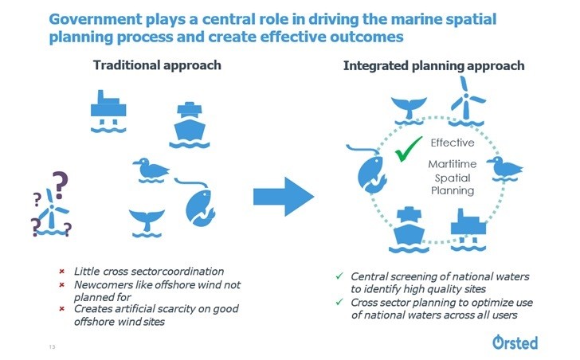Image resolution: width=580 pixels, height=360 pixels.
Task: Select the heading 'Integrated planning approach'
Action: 433,65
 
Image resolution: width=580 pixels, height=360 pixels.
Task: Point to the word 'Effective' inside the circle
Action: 452,143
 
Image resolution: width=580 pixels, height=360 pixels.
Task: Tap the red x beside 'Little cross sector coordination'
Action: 62,272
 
